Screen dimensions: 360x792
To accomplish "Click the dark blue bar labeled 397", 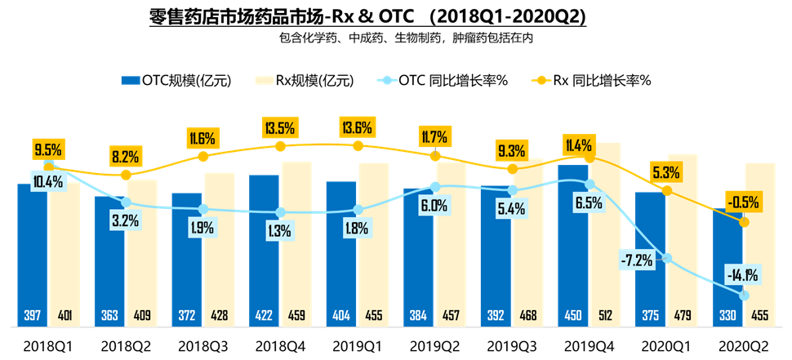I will click(x=32, y=253).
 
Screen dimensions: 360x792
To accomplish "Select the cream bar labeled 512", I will click(x=607, y=237).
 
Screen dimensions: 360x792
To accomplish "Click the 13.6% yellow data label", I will click(x=358, y=127).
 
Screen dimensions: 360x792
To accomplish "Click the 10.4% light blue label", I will click(x=48, y=182).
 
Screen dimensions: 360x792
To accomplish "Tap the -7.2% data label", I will click(x=636, y=260).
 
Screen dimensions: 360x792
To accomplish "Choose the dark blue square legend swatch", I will click(x=131, y=80).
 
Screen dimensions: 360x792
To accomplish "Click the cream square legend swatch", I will click(x=265, y=80).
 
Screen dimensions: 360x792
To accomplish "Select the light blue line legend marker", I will click(x=387, y=80).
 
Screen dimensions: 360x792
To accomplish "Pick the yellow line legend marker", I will click(x=541, y=80).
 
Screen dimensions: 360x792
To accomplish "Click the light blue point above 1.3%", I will click(x=280, y=212).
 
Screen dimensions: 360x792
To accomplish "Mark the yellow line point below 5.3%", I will click(x=666, y=190).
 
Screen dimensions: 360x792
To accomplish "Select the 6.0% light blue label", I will click(x=434, y=206).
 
